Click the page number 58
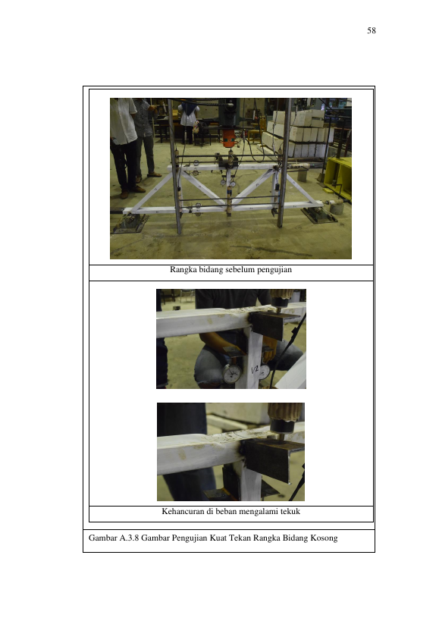pos(372,30)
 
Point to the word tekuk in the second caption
pos(290,511)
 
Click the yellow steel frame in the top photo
pos(337,177)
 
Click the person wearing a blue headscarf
pos(189,119)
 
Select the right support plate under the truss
pos(319,216)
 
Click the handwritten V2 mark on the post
pos(255,370)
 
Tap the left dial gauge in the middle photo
pos(232,374)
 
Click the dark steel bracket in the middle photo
pos(272,325)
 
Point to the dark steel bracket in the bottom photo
pos(273,459)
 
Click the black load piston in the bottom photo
pos(283,428)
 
